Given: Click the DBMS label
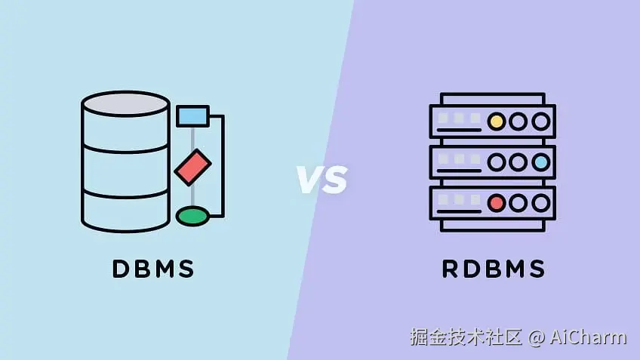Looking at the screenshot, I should coord(153,269).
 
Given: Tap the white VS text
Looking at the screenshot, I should coord(321,179).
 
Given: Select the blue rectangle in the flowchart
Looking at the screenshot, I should coord(192,115).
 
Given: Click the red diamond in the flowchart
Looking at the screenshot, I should coord(192,167).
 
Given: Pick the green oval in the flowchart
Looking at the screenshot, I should coord(192,217).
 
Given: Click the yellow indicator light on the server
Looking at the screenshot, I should coord(496,121).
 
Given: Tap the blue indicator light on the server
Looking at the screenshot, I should coord(540,162).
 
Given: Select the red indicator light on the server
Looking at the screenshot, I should coord(496,202).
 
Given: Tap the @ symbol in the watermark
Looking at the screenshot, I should coord(536,337).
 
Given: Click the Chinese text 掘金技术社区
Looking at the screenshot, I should coord(466,337).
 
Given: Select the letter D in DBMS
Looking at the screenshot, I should coord(121,269).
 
